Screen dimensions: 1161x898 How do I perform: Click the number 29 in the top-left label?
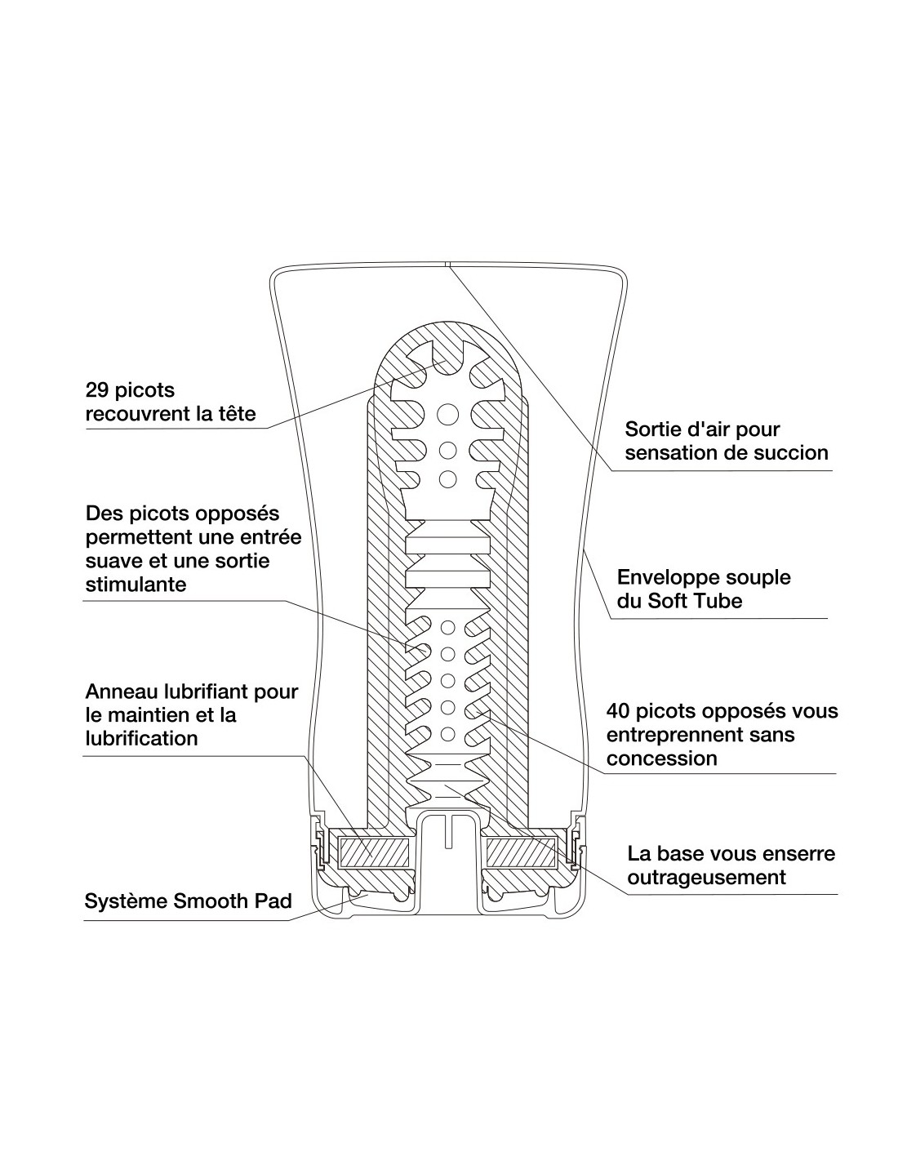click(x=98, y=390)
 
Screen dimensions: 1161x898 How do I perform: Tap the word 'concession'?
click(x=661, y=758)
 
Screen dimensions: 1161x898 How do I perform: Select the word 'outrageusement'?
click(x=706, y=878)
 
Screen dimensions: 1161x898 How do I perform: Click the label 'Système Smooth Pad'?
click(x=189, y=901)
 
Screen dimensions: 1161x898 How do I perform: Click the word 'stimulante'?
click(x=136, y=585)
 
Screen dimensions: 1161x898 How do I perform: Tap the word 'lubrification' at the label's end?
click(x=141, y=739)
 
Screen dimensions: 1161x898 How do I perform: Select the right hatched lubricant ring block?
click(x=522, y=852)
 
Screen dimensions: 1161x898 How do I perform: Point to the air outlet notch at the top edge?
click(x=447, y=265)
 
